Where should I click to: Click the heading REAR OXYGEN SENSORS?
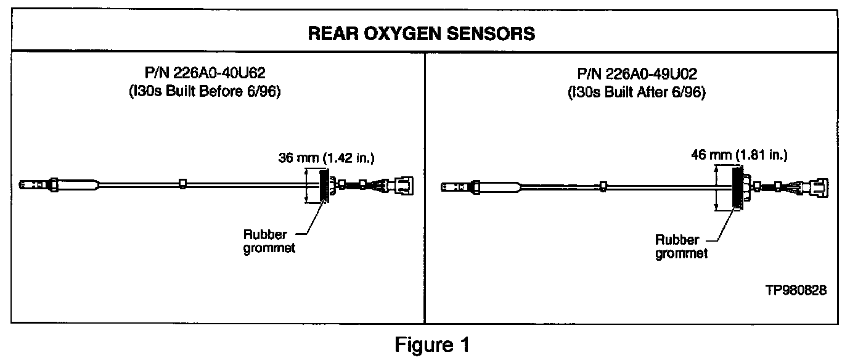click(x=422, y=33)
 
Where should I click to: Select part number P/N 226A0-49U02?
click(x=637, y=76)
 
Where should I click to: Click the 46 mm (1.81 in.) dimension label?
click(x=740, y=155)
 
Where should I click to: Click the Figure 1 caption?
click(x=432, y=344)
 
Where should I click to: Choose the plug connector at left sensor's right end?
click(x=401, y=186)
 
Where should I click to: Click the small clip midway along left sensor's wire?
click(x=182, y=184)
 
